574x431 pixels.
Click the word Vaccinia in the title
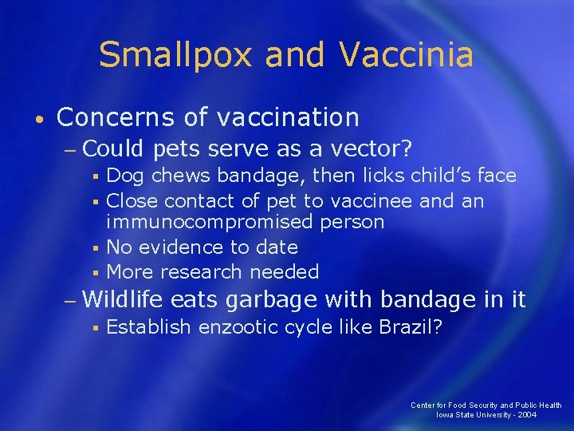[x=407, y=56]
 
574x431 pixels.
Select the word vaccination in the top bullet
[x=288, y=118]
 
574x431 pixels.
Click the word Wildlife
[x=122, y=300]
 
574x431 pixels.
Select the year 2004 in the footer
[x=526, y=415]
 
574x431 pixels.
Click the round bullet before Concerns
[x=40, y=120]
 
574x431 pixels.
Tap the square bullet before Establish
[x=94, y=327]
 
